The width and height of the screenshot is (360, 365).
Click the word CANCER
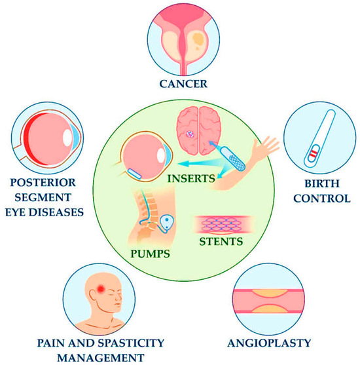click(x=179, y=83)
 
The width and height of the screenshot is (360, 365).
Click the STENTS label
click(x=221, y=242)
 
